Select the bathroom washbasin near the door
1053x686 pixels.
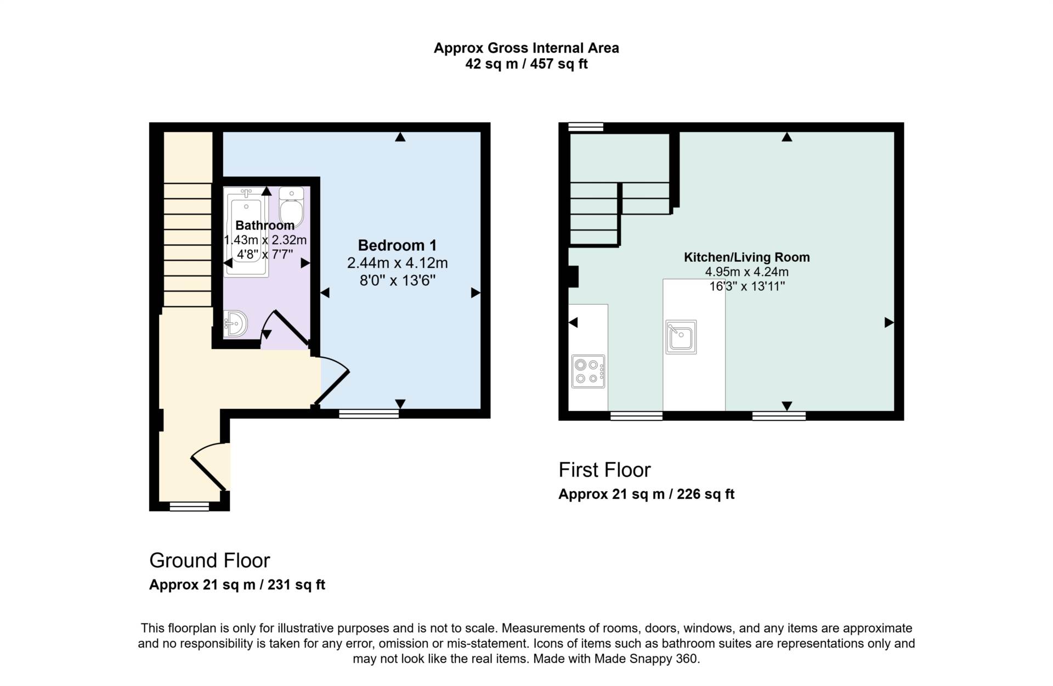coord(236,323)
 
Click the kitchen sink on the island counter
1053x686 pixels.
coord(681,337)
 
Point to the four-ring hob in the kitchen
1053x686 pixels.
coord(588,372)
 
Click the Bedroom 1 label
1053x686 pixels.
coord(397,245)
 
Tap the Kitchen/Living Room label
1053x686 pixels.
coord(746,257)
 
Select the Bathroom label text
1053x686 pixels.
coord(265,225)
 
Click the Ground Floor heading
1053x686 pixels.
coord(210,560)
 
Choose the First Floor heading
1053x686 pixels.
coord(604,470)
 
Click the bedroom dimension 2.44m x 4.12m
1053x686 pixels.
coord(397,263)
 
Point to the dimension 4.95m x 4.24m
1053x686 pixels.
coord(746,272)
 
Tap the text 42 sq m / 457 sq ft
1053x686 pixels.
coord(526,64)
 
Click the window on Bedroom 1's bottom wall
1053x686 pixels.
coord(369,414)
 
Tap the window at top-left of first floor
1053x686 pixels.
coord(586,127)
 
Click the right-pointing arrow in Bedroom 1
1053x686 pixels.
coord(475,293)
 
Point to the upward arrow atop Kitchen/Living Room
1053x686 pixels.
coord(787,137)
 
